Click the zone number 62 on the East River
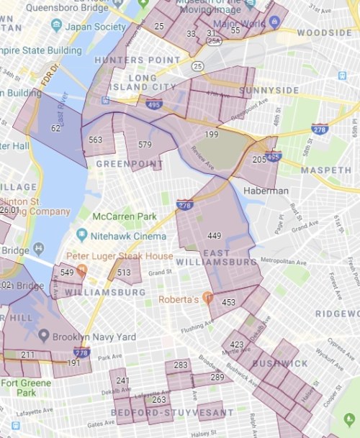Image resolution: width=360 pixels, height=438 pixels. click(x=55, y=128)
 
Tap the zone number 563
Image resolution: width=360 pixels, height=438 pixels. click(x=95, y=140)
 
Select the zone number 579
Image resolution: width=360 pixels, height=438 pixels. click(x=145, y=145)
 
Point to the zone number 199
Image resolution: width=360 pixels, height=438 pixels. click(x=211, y=134)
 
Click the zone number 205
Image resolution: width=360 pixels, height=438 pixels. click(x=259, y=160)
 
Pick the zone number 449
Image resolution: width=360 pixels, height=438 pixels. click(x=214, y=235)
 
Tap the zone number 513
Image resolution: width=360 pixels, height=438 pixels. click(x=124, y=273)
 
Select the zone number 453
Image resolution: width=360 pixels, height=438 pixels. click(x=228, y=303)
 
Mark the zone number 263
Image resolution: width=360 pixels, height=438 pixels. click(x=159, y=399)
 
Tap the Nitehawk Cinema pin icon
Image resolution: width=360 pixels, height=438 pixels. click(x=81, y=234)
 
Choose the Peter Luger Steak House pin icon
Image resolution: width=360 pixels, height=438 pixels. click(x=81, y=270)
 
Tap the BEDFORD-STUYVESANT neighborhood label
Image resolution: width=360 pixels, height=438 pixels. click(x=172, y=413)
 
